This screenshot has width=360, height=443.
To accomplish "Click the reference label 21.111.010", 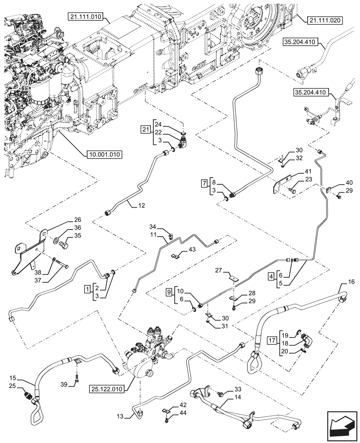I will pyautogui.click(x=86, y=17).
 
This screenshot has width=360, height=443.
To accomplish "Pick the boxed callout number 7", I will pyautogui.click(x=203, y=183).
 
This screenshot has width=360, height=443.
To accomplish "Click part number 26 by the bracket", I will pyautogui.click(x=78, y=219).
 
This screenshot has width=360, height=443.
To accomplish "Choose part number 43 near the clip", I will pyautogui.click(x=192, y=250).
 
